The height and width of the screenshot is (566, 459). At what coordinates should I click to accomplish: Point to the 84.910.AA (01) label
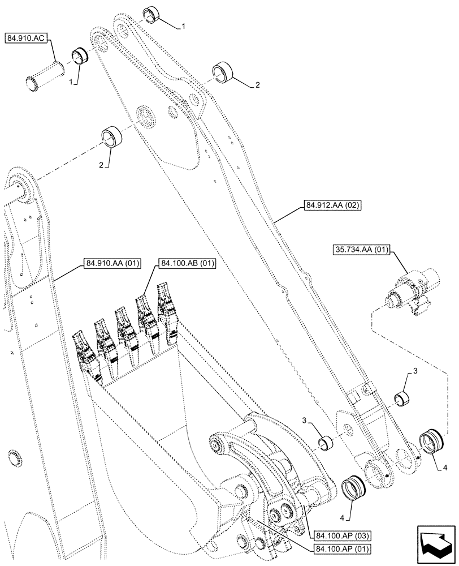(x=113, y=263)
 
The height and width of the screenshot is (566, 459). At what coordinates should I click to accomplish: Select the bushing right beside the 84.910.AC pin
(x=80, y=57)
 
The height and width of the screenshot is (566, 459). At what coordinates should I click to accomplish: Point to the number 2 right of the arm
(x=257, y=85)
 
